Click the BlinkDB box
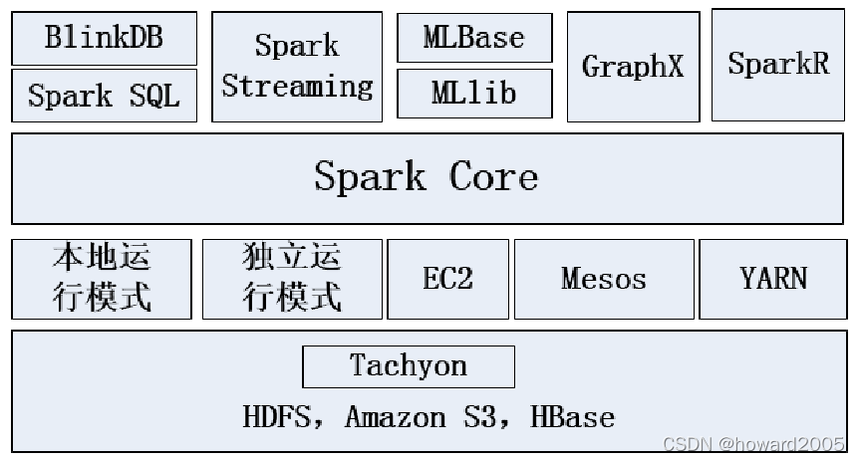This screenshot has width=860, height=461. [x=104, y=39]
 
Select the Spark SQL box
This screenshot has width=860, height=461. [x=104, y=96]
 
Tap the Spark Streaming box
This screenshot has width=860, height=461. [x=297, y=67]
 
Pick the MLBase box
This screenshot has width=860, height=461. [x=474, y=38]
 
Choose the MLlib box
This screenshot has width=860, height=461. [x=474, y=94]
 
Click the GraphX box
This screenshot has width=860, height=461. [x=633, y=67]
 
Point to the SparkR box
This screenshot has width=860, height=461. [x=778, y=65]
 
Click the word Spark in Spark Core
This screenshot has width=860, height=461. [x=370, y=177]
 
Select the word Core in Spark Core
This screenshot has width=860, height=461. [x=493, y=177]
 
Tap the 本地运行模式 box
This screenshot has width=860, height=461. [x=102, y=279]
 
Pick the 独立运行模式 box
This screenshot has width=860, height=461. [x=292, y=279]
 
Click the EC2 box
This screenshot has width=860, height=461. [x=447, y=279]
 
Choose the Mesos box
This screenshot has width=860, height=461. [x=604, y=279]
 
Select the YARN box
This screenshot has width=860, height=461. [x=773, y=279]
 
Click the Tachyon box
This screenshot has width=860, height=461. [x=409, y=366]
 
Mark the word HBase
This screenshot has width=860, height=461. [x=572, y=416]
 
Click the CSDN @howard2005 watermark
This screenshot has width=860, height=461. [x=753, y=443]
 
